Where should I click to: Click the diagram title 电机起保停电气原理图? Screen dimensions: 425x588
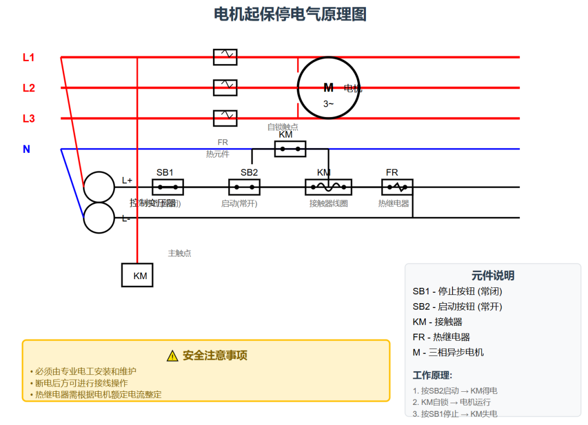tap(290, 14)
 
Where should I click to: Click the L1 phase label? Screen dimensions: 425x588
tap(28, 57)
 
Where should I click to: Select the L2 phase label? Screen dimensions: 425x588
tap(28, 88)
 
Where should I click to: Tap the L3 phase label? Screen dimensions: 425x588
tap(28, 118)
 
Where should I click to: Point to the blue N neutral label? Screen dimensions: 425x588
tap(26, 149)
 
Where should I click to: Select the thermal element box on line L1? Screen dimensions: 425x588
tap(225, 57)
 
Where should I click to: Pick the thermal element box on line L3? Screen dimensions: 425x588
tap(225, 118)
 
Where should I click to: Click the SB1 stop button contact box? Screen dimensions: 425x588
tap(167, 187)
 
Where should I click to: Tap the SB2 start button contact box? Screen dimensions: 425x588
tap(244, 187)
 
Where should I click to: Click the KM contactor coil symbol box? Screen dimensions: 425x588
tap(328, 187)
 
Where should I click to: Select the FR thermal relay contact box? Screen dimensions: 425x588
tap(397, 187)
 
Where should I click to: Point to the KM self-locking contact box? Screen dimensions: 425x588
tap(290, 149)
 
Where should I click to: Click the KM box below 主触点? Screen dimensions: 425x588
tap(137, 275)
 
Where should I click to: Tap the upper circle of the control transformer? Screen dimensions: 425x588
tap(99, 187)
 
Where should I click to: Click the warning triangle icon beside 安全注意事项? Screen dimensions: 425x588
tap(172, 356)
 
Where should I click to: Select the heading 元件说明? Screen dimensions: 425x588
tap(493, 275)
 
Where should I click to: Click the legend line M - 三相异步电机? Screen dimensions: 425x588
tap(448, 352)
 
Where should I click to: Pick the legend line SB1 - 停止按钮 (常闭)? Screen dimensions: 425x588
tap(457, 291)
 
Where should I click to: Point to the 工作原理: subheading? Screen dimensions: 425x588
tap(432, 375)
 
